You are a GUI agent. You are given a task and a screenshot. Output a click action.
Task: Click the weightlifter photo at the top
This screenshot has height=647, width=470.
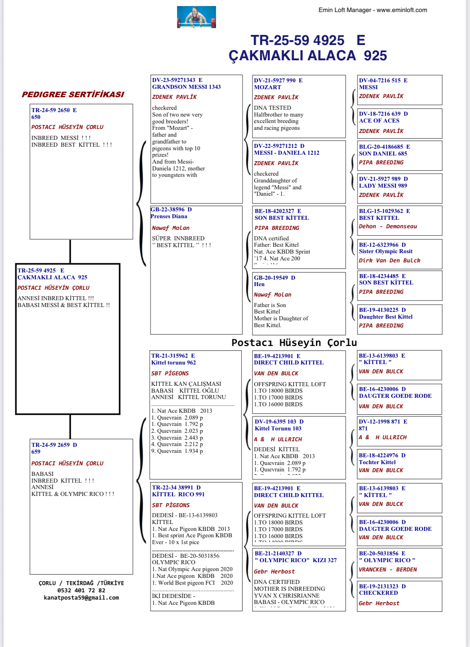(196, 17)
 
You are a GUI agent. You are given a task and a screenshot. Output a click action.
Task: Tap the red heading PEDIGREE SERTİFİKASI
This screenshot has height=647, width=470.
(73, 94)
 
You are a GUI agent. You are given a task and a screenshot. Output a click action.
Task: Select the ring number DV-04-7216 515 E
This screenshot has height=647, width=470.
(383, 80)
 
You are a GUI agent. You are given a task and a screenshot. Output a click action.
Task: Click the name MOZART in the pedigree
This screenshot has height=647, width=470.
(267, 87)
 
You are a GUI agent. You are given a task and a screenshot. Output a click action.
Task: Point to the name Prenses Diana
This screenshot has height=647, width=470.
(169, 216)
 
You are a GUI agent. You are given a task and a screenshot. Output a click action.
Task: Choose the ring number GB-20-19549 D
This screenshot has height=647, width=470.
(274, 278)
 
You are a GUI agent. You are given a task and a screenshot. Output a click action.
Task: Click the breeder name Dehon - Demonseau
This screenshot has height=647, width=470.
(388, 226)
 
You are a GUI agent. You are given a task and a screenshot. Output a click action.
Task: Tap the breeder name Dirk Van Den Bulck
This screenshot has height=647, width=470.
(389, 260)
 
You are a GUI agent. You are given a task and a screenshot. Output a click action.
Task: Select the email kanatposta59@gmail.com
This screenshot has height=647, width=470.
(81, 598)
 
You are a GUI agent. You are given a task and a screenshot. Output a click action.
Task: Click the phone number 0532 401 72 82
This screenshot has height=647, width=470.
(81, 590)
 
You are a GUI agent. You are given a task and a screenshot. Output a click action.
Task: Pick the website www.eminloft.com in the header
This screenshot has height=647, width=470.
(402, 10)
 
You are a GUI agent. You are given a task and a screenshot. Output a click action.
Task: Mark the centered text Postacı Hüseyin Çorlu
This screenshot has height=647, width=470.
(294, 342)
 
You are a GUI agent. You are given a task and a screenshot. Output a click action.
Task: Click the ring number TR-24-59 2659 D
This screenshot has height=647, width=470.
(54, 445)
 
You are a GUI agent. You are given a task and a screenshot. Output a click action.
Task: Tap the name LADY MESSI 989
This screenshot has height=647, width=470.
(383, 186)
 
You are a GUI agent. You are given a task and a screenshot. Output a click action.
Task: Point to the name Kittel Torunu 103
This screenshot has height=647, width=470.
(278, 428)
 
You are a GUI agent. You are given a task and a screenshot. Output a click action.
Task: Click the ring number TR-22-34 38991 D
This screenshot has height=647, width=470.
(176, 487)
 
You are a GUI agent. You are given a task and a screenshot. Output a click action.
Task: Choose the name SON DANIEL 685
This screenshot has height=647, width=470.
(383, 154)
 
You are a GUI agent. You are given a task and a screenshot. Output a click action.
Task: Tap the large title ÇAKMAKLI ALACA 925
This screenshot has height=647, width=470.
(308, 55)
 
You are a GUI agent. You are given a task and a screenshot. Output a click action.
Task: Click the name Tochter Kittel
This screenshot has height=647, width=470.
(377, 462)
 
